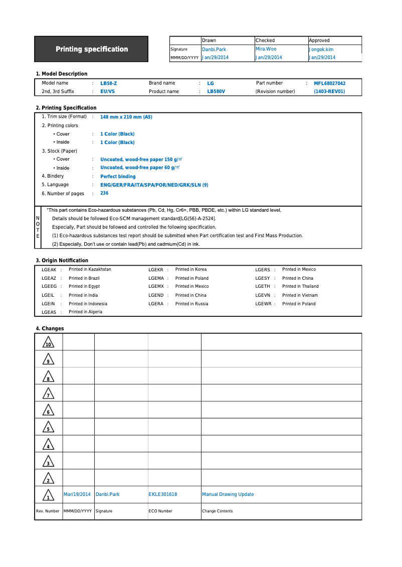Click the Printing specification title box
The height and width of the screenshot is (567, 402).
pos(91,49)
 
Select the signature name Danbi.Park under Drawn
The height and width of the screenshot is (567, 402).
pos(214,50)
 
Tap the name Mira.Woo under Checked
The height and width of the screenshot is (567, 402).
pos(266,49)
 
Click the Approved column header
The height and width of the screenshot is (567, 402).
pos(319,41)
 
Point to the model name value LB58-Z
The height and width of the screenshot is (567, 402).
pos(109,84)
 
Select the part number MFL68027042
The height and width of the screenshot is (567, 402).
pos(329,84)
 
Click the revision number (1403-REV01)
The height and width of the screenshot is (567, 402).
pos(329,92)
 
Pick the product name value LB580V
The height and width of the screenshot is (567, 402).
pos(216,92)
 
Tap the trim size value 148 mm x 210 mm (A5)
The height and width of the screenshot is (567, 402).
pos(126,117)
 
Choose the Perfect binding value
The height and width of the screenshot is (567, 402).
pos(118,177)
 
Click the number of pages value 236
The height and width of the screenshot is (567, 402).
pos(104,193)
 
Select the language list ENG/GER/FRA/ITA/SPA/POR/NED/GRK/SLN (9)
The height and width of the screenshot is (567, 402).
pos(154,185)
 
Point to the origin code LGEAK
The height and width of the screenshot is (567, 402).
pos(49,270)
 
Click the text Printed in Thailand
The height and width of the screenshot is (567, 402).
pos(300,287)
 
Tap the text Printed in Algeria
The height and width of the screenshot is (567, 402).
pos(85,312)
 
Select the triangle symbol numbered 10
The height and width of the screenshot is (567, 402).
pos(49,343)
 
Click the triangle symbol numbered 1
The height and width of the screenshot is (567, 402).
pos(48,495)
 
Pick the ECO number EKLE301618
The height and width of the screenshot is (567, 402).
pos(163,494)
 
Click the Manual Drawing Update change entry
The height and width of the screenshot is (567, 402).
pos(228,494)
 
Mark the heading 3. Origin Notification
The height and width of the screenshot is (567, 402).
pos(62,260)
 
